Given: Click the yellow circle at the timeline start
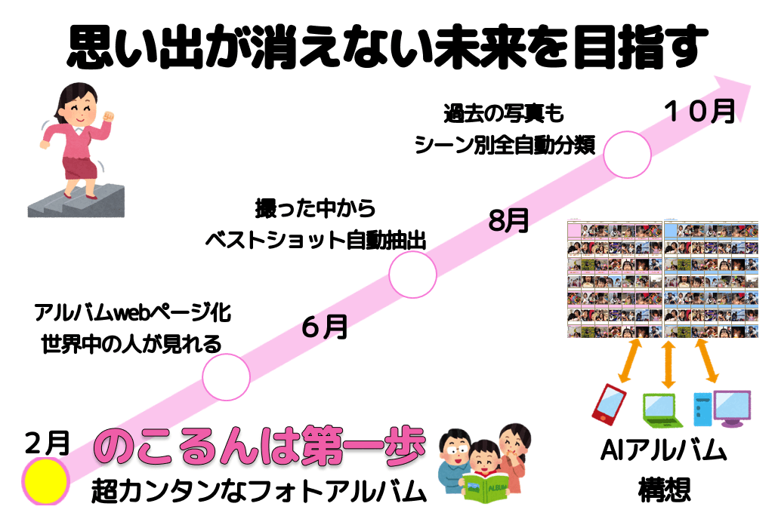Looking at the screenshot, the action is pos(45,481).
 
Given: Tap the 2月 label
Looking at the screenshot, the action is pos(47,443).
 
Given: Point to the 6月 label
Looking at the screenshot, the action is pos(324,327).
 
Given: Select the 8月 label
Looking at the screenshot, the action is pos(508,220).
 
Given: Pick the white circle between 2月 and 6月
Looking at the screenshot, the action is pos(227,376).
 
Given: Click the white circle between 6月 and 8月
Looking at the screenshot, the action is pos(412,275).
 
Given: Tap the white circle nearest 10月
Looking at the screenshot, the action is pos(627,155).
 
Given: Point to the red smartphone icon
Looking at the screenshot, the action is pos(609,404).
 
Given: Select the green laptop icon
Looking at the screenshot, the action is pos(662,410).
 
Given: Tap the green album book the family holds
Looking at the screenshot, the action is pos(486,488).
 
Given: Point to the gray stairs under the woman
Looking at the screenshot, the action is pos(76,201).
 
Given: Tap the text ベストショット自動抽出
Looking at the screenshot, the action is pos(316,241).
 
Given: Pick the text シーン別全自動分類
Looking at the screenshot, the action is pos(505,145).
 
